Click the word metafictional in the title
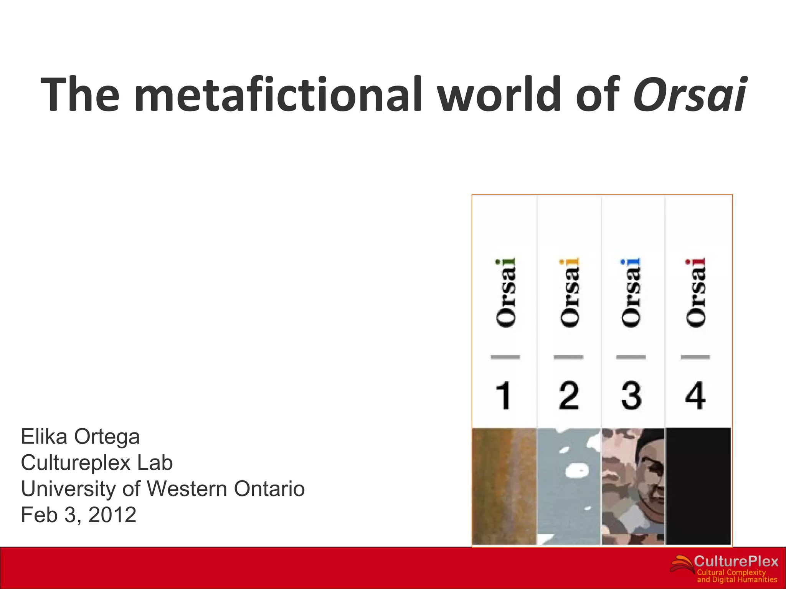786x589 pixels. pyautogui.click(x=278, y=95)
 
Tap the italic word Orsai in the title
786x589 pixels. pyautogui.click(x=690, y=95)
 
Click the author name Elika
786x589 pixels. pyautogui.click(x=44, y=437)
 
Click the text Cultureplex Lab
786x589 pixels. pyautogui.click(x=97, y=463)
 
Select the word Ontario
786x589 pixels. pyautogui.click(x=269, y=489)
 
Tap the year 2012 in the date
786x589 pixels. pyautogui.click(x=112, y=515)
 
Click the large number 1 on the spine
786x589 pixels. pyautogui.click(x=504, y=395)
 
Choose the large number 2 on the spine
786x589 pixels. pyautogui.click(x=568, y=395)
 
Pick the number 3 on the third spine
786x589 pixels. pyautogui.click(x=631, y=395)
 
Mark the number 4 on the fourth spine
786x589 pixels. pyautogui.click(x=695, y=395)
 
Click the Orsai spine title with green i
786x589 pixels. pyautogui.click(x=506, y=293)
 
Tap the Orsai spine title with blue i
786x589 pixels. pyautogui.click(x=631, y=293)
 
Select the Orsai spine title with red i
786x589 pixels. pyautogui.click(x=696, y=293)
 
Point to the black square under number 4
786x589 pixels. pyautogui.click(x=698, y=486)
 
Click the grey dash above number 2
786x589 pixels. pyautogui.click(x=568, y=357)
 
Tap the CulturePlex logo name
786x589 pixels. pyautogui.click(x=736, y=562)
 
